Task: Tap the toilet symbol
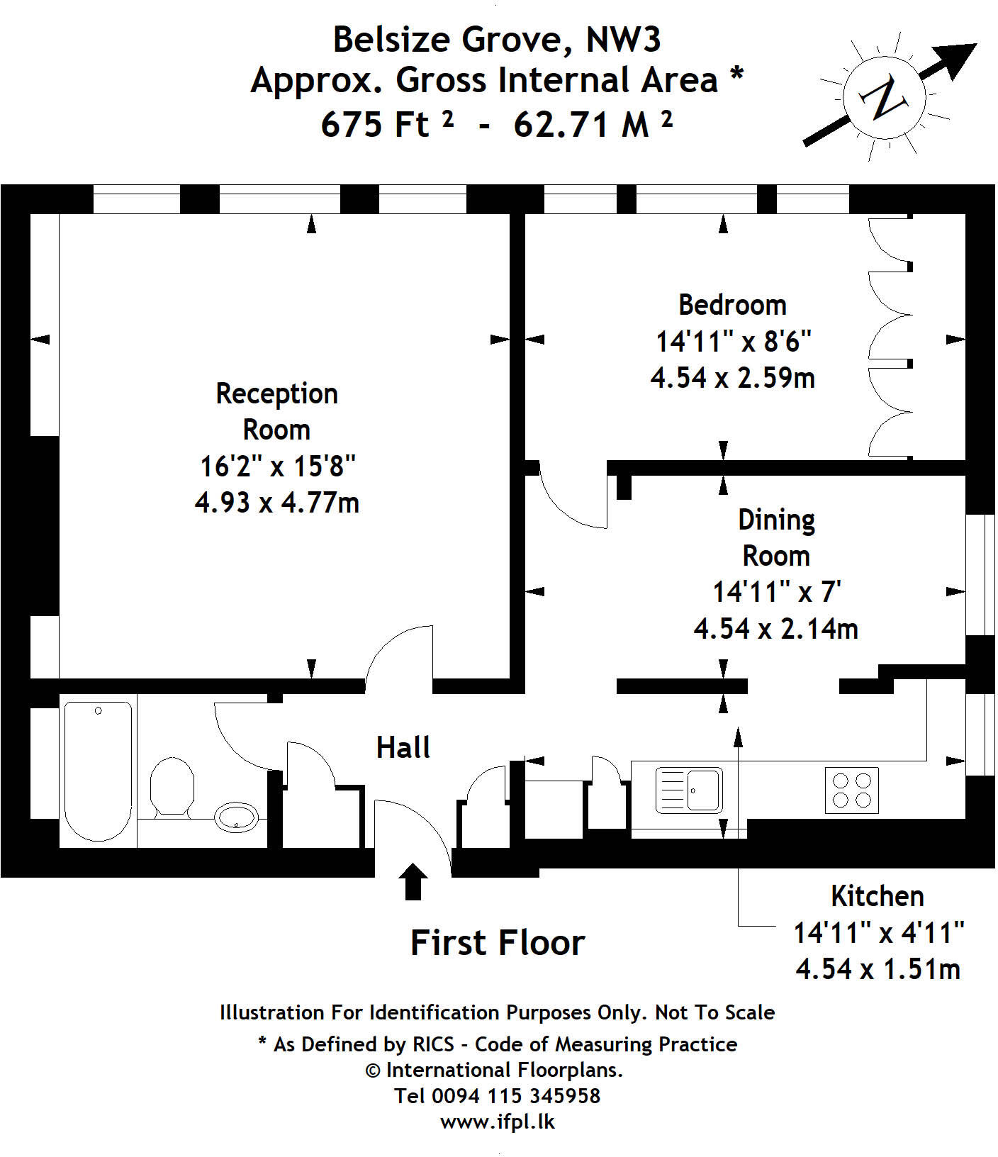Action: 172,788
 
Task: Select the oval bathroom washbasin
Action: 237,817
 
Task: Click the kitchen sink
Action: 689,790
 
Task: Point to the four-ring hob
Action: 852,790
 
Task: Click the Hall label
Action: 403,747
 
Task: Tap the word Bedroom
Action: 732,305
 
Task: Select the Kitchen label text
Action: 878,896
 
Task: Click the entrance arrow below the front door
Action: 413,881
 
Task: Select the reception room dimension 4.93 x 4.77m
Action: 277,503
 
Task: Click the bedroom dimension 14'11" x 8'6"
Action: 733,342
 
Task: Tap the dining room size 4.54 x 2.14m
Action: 775,629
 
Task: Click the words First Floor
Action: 498,943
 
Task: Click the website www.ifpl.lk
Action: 498,1122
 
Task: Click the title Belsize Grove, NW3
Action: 497,39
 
